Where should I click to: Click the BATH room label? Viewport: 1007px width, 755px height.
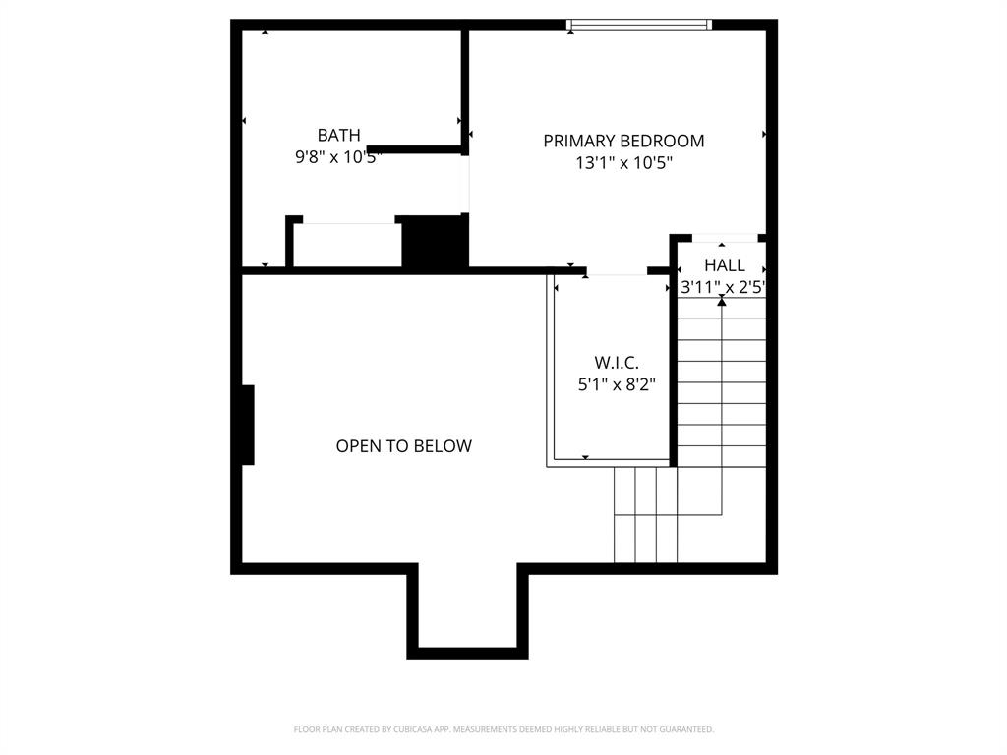click(338, 135)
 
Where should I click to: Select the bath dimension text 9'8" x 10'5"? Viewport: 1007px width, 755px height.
click(338, 156)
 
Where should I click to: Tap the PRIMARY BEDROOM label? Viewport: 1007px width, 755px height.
click(623, 141)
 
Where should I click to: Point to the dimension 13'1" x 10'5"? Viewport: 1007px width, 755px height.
click(623, 163)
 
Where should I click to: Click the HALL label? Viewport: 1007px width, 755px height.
click(724, 265)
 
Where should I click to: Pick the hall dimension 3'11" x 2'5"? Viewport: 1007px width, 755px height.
click(723, 287)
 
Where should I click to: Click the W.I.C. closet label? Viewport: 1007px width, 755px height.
click(617, 363)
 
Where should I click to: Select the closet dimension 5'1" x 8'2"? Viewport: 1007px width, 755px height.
click(617, 384)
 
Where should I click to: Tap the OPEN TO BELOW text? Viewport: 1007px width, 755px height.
click(404, 446)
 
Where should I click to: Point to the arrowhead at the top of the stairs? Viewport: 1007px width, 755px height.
click(722, 302)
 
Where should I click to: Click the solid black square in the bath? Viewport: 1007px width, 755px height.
click(433, 242)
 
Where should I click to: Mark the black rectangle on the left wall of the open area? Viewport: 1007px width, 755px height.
click(248, 425)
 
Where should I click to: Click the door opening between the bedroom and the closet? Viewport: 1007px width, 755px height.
click(617, 270)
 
